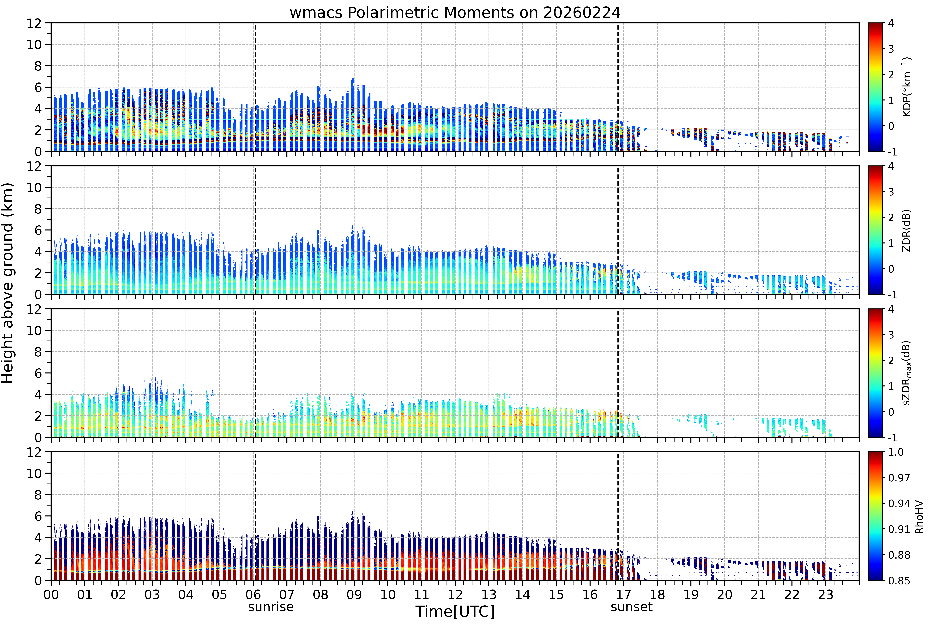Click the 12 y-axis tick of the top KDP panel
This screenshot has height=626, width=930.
[x=34, y=23]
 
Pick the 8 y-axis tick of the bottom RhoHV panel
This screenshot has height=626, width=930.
[x=38, y=495]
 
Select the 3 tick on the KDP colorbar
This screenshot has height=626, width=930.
[x=891, y=49]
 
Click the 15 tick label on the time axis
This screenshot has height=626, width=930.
[x=556, y=595]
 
